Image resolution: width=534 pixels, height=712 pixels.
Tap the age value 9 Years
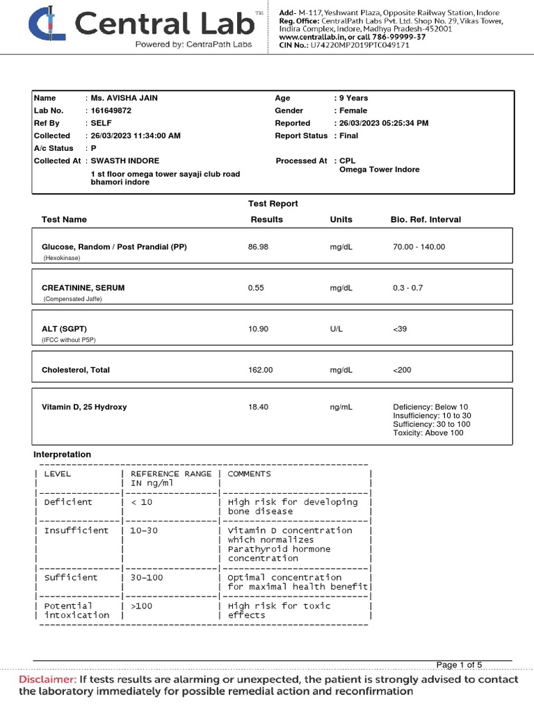[x=353, y=98]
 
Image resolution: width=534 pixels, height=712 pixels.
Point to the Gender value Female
[x=353, y=111]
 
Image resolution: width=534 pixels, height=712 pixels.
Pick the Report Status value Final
[x=349, y=136]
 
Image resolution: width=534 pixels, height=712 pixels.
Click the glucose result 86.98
[x=258, y=247]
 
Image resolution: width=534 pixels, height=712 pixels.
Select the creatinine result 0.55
[x=256, y=288]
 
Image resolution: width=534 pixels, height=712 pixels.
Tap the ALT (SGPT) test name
[x=64, y=329]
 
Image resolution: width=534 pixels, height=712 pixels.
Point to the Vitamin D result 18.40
[x=258, y=407]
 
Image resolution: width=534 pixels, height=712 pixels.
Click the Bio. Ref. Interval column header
[x=426, y=219]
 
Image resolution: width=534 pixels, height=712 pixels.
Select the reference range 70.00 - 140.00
[x=419, y=247]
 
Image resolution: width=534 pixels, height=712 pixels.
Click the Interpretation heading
[x=63, y=454]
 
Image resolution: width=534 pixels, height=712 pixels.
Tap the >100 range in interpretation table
[x=142, y=606]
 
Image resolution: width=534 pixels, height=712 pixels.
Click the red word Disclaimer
[x=47, y=679]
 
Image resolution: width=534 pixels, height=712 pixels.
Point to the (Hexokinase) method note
[x=62, y=257]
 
